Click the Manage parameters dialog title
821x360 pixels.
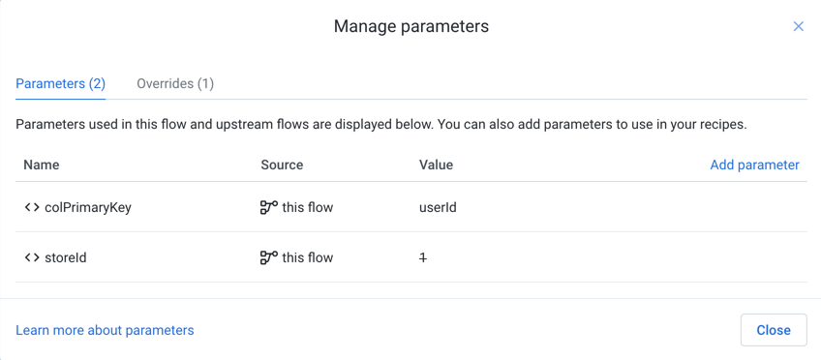410,26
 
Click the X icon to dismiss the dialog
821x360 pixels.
798,26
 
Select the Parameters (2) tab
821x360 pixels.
60,83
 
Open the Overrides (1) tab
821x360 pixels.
175,83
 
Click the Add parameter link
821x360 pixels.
754,165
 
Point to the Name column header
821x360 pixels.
42,165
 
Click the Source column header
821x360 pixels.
282,165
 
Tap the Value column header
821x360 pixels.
436,165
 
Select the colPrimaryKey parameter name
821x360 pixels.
88,207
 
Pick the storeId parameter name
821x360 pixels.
66,257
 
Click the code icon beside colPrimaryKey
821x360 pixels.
32,207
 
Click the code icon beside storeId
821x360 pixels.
32,257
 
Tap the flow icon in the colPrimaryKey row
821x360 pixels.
269,207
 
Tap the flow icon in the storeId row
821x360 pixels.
269,257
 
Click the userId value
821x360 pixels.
438,207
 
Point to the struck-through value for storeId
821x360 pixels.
423,257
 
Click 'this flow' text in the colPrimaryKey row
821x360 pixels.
308,207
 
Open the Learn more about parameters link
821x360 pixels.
105,330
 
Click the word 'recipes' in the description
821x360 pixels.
719,124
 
